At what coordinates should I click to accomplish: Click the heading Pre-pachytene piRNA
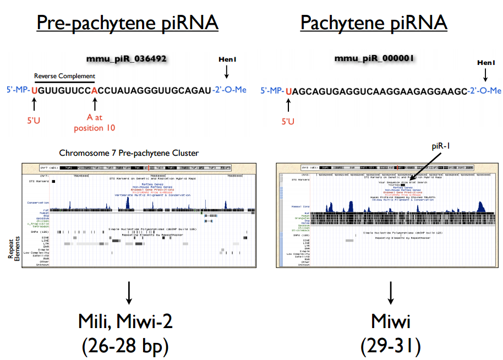[127, 23]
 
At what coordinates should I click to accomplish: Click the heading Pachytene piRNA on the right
[374, 23]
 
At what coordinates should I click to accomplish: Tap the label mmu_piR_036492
[126, 58]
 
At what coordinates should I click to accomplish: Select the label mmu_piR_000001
[374, 58]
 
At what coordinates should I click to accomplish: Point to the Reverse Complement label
[64, 76]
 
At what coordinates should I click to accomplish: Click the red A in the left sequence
[95, 90]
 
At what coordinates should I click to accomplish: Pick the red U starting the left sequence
[34, 90]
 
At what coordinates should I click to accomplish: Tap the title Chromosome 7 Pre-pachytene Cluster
[129, 152]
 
